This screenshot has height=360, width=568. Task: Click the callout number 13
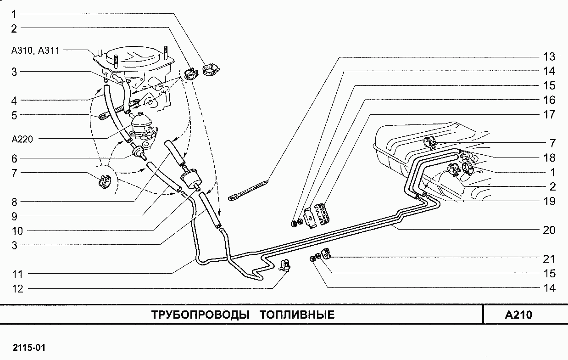pos(549,57)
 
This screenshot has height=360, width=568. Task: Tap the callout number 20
pos(549,230)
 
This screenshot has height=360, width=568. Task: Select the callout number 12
pos(17,289)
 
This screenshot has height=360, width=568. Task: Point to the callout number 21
pos(549,259)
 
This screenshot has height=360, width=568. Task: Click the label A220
pos(22,139)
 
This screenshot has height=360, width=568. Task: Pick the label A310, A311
pos(35,51)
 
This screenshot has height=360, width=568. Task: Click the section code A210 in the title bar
pos(518,315)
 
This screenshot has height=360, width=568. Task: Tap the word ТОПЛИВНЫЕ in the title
pos(297,315)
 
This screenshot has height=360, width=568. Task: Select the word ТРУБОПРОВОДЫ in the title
pos(200,315)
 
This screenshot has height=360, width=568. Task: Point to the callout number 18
pos(549,158)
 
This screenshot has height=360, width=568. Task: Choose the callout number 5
pos(14,115)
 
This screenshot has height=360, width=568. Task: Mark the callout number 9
pos(14,216)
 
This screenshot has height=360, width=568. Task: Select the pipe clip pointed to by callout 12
pos(284,265)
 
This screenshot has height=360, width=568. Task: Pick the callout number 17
pos(549,115)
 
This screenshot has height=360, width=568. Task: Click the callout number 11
pos(17,274)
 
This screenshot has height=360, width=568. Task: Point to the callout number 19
pos(549,201)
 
